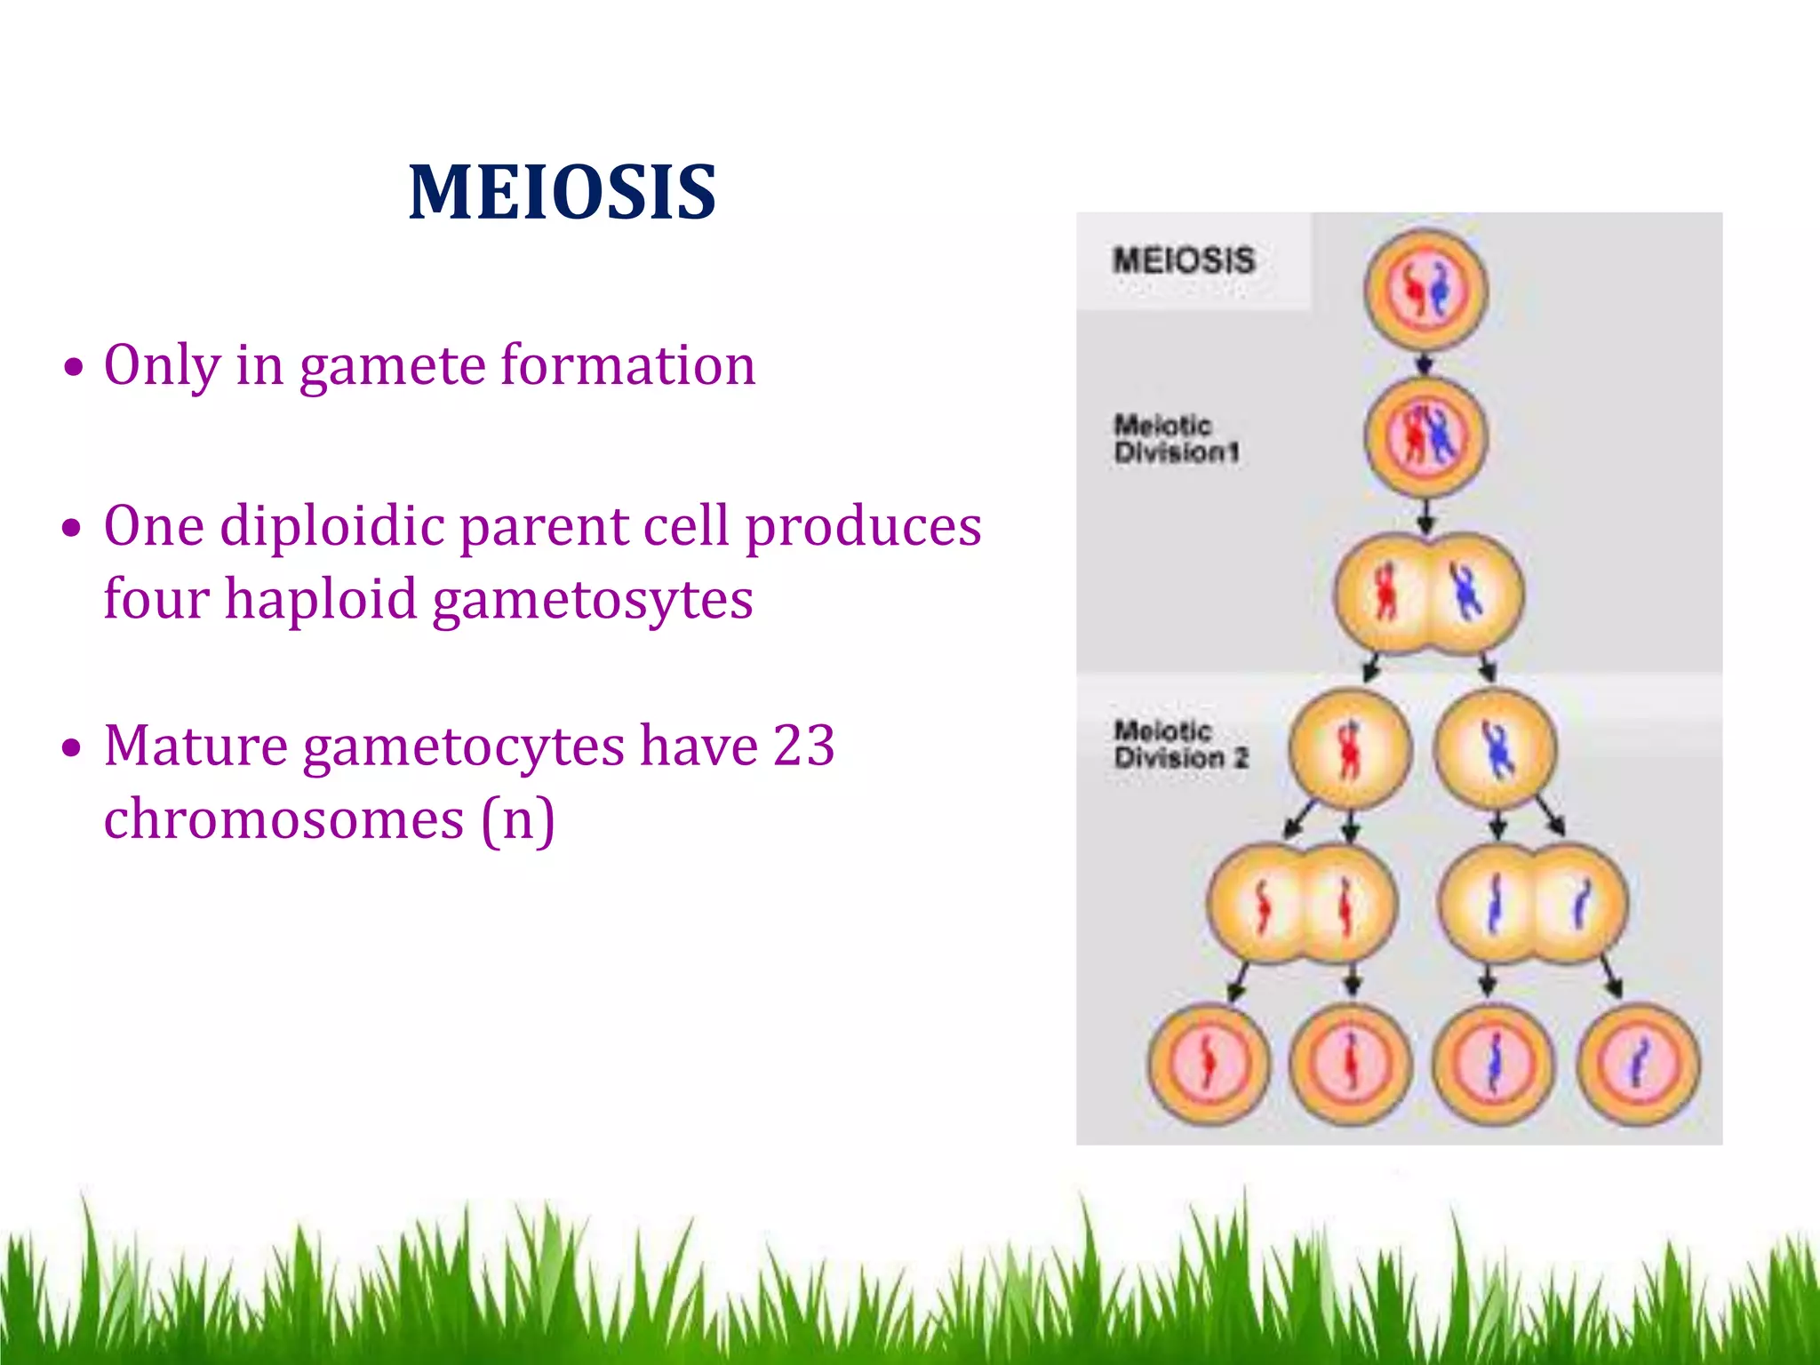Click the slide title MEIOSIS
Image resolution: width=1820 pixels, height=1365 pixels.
pyautogui.click(x=562, y=193)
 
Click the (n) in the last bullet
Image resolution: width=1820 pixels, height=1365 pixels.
pyautogui.click(x=518, y=818)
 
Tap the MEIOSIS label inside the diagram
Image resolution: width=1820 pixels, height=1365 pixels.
pyautogui.click(x=1183, y=260)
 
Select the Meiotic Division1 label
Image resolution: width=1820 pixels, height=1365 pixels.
pyautogui.click(x=1175, y=438)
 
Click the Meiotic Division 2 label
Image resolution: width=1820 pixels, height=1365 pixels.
pyautogui.click(x=1180, y=745)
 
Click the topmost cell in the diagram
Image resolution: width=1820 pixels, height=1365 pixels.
pyautogui.click(x=1425, y=290)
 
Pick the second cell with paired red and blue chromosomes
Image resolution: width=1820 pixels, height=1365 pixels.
pyautogui.click(x=1425, y=436)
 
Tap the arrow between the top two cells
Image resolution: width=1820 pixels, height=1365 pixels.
pyautogui.click(x=1425, y=363)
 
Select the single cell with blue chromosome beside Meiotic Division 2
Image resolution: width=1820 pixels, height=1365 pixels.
pyautogui.click(x=1497, y=748)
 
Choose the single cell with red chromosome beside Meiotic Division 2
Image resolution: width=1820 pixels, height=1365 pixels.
pyautogui.click(x=1350, y=748)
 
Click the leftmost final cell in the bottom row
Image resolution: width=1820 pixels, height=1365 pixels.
pyautogui.click(x=1209, y=1065)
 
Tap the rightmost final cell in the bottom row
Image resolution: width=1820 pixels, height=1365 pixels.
pyautogui.click(x=1639, y=1065)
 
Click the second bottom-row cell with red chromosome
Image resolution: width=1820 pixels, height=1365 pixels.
pyautogui.click(x=1351, y=1065)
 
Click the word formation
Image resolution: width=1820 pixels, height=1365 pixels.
pyautogui.click(x=627, y=365)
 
